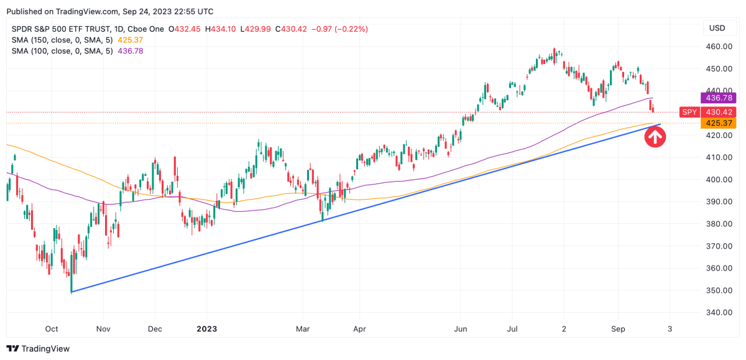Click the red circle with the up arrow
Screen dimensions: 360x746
pyautogui.click(x=655, y=136)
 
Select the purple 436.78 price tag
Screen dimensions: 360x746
pyautogui.click(x=718, y=98)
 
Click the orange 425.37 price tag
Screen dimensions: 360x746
pyautogui.click(x=718, y=123)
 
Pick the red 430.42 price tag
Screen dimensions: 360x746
pyautogui.click(x=718, y=112)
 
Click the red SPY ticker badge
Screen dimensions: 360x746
pyautogui.click(x=688, y=112)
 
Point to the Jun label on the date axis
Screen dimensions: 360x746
pyautogui.click(x=461, y=328)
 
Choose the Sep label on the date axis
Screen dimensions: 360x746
pyautogui.click(x=617, y=328)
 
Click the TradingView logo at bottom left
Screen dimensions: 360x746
pyautogui.click(x=39, y=349)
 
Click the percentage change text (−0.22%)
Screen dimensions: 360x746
pyautogui.click(x=350, y=29)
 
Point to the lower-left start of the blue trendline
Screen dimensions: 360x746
pyautogui.click(x=72, y=292)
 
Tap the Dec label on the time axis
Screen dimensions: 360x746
pyautogui.click(x=155, y=328)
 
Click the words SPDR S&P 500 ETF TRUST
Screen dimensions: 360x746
pyautogui.click(x=61, y=29)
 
